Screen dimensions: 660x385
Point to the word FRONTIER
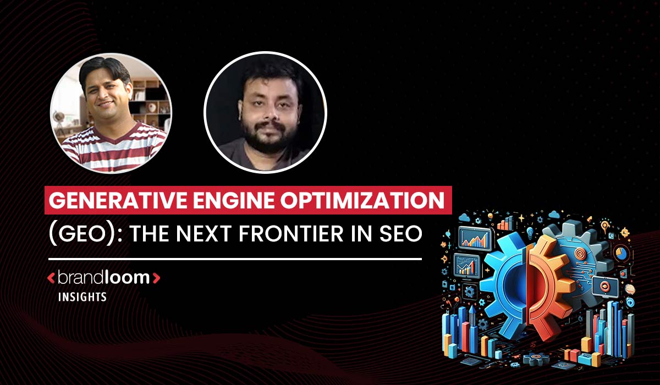[291, 234]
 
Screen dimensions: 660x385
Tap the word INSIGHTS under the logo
[82, 297]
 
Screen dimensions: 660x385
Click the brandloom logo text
[104, 278]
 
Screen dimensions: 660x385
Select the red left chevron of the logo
[51, 278]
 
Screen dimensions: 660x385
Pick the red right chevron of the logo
[156, 278]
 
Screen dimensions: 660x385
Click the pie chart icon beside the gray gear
[621, 254]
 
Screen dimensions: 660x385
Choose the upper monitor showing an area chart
[475, 239]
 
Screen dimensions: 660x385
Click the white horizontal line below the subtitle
[235, 259]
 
